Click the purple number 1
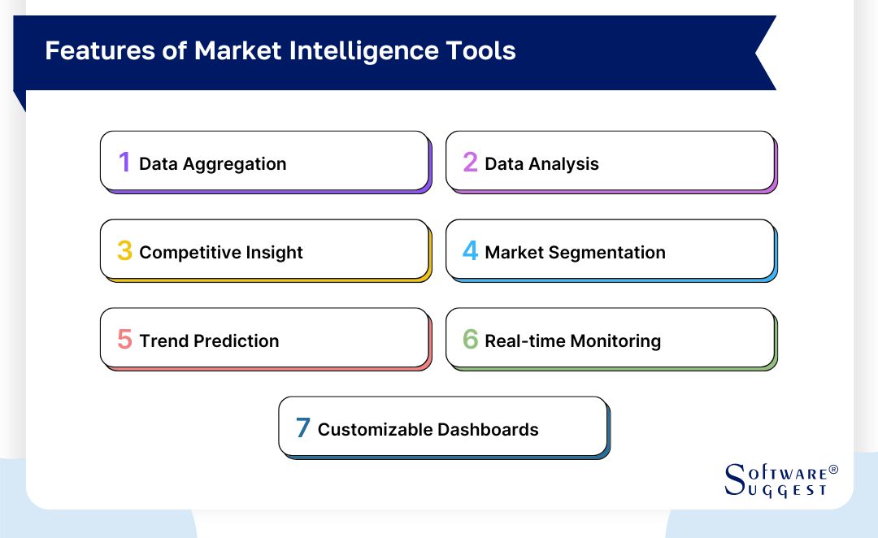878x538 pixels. click(124, 163)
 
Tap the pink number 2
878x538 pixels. click(470, 163)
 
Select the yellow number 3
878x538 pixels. click(124, 251)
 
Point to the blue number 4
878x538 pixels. click(470, 251)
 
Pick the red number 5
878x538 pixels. click(124, 340)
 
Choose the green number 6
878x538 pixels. click(470, 340)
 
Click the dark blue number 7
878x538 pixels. click(302, 428)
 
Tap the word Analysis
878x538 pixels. click(563, 164)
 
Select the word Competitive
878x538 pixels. click(184, 253)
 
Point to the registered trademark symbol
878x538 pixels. click(832, 471)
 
